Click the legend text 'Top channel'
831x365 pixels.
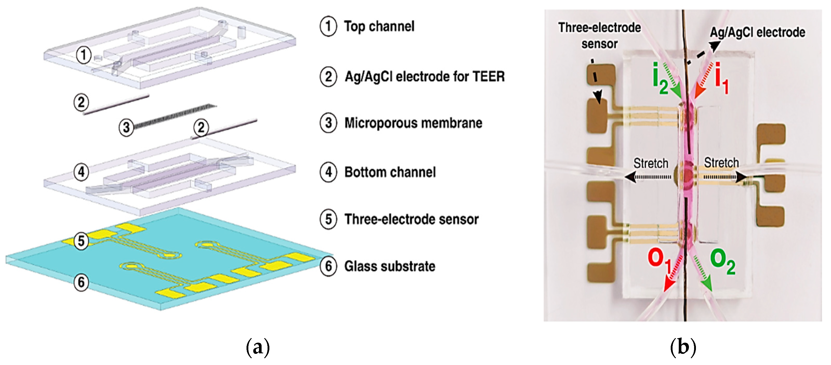coord(379,26)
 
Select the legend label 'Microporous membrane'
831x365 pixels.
coord(413,123)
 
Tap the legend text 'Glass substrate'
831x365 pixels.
coord(389,266)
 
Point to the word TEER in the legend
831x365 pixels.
coord(488,76)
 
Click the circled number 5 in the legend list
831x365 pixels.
coord(328,219)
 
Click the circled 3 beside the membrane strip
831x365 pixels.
coord(126,127)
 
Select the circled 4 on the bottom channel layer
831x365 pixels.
coord(81,172)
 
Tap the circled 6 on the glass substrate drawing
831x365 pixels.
coord(81,282)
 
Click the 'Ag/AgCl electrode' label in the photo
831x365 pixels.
coord(757,32)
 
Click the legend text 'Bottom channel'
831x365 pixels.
coord(390,172)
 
